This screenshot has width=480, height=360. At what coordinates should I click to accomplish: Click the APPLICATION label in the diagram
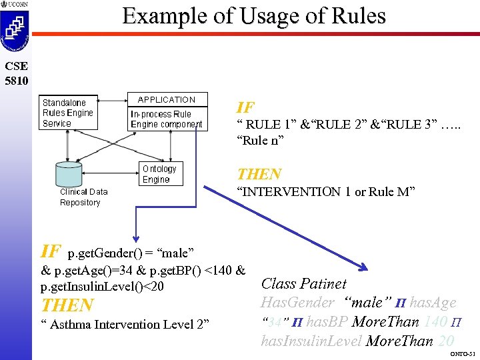click(x=167, y=99)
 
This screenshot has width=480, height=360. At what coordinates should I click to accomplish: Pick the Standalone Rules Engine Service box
click(x=67, y=113)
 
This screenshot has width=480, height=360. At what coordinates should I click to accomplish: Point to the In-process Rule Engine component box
click(x=166, y=119)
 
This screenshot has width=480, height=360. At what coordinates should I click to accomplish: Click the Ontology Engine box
click(x=159, y=174)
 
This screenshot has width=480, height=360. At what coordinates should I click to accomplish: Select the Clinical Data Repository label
click(x=83, y=197)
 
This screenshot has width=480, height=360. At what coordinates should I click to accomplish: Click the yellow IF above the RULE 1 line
click(x=245, y=107)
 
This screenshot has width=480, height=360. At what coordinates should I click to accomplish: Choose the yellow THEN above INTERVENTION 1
click(x=259, y=174)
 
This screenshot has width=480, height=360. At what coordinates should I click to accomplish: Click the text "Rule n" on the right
click(x=260, y=141)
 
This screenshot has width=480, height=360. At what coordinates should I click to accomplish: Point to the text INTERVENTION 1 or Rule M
click(x=326, y=192)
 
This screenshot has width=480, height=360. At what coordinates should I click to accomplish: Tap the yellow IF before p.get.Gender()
click(x=51, y=251)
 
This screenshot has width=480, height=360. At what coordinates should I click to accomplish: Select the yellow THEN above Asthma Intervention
click(x=67, y=305)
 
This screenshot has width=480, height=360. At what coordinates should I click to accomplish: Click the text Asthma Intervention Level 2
click(x=125, y=325)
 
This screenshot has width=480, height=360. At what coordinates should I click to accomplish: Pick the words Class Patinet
click(x=303, y=284)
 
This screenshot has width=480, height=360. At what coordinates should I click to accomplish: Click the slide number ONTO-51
click(x=462, y=353)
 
